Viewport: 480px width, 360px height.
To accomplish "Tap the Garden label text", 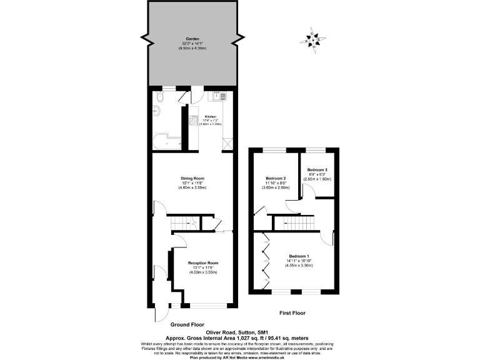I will click(191, 39).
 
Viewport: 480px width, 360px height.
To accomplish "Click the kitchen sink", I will click(221, 97).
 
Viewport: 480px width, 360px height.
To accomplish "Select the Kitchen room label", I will click(210, 117).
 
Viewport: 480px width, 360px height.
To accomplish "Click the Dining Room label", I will click(192, 178).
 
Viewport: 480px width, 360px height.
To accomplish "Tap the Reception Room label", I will click(203, 263).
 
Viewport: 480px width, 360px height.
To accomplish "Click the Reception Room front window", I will click(204, 304).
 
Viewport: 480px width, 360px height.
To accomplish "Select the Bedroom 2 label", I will click(276, 178).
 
